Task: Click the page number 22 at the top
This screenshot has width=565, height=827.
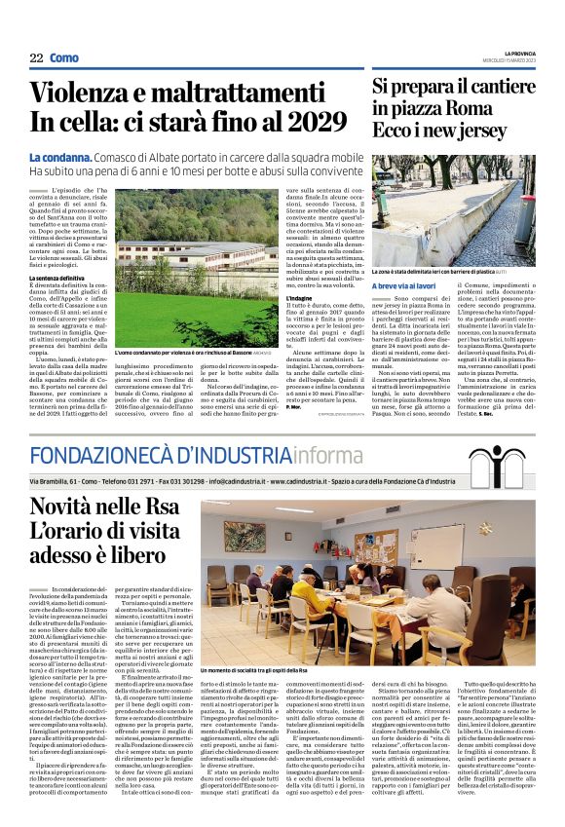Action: tap(36, 58)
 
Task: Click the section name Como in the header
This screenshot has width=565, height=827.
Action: tap(64, 58)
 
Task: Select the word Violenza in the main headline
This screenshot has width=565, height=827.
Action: tap(87, 94)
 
